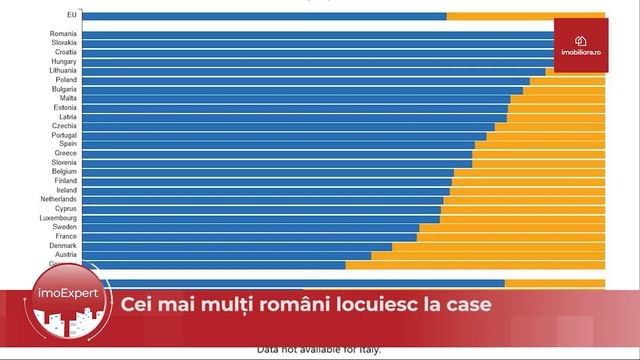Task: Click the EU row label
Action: [x=69, y=16]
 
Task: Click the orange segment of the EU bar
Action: [x=525, y=16]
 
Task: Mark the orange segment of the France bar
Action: [x=510, y=236]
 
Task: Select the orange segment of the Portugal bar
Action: [x=545, y=135]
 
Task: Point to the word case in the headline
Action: [x=466, y=304]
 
